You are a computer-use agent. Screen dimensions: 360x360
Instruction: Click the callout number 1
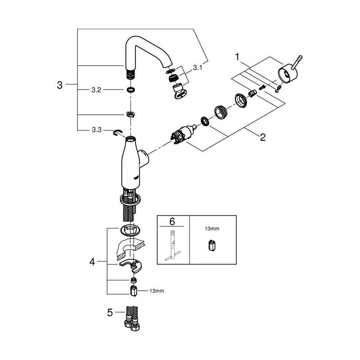pyautogui.click(x=238, y=57)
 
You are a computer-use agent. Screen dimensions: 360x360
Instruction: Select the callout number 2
pyautogui.click(x=263, y=137)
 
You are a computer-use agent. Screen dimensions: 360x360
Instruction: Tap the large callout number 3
pyautogui.click(x=60, y=85)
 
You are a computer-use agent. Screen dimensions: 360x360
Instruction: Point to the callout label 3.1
pyautogui.click(x=198, y=68)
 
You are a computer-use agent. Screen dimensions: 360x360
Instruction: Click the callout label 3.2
pyautogui.click(x=96, y=90)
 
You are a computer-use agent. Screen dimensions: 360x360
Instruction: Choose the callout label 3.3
pyautogui.click(x=97, y=130)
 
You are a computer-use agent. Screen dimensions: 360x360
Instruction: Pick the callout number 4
pyautogui.click(x=92, y=262)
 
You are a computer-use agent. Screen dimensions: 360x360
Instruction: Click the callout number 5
pyautogui.click(x=110, y=312)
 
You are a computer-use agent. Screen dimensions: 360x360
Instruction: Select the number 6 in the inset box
pyautogui.click(x=172, y=221)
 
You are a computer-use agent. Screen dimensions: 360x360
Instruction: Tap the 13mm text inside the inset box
pyautogui.click(x=212, y=229)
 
